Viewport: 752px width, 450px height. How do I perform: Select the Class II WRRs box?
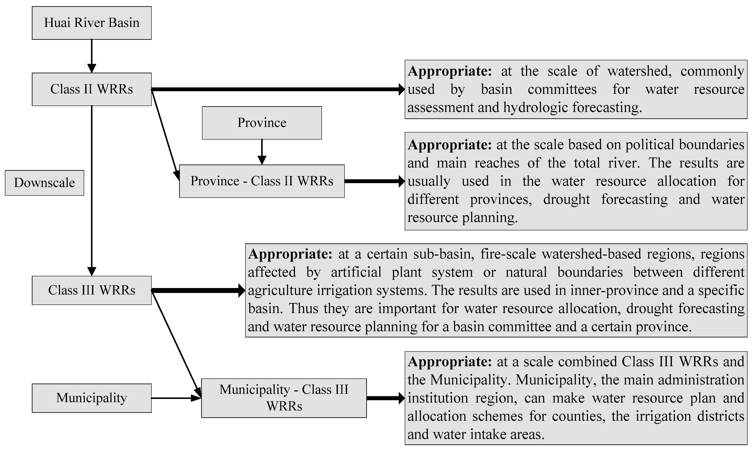92,89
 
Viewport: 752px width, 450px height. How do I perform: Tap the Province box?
262,123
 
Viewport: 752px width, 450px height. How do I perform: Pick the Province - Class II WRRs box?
262,181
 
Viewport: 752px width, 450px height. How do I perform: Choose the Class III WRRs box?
92,290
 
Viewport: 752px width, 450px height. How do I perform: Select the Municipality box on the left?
92,398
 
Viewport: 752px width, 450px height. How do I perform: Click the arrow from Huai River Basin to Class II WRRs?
92,56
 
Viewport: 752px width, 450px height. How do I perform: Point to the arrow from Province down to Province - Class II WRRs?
262,152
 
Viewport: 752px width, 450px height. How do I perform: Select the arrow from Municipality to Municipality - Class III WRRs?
176,398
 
